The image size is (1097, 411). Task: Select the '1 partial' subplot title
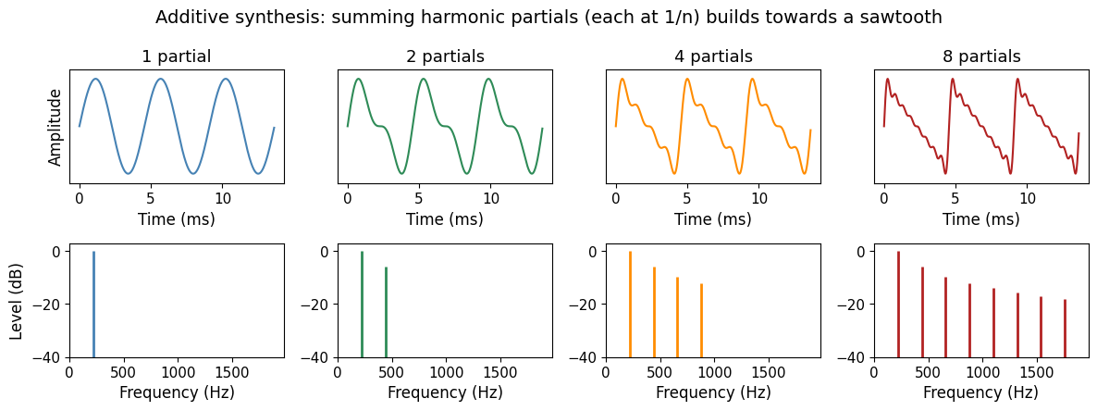(x=177, y=56)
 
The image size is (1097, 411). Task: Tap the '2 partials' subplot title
(x=445, y=56)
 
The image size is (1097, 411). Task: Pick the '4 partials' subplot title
(x=713, y=56)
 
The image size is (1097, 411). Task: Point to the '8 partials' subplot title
(x=981, y=56)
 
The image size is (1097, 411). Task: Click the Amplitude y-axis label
(x=56, y=127)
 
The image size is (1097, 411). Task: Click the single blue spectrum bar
(x=93, y=305)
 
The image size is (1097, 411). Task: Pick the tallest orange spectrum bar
(x=630, y=305)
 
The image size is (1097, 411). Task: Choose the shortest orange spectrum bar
(x=701, y=320)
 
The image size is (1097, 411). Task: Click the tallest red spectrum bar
(x=898, y=305)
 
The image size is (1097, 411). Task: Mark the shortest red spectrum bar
(x=1065, y=329)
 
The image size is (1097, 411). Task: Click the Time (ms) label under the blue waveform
(x=177, y=219)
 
